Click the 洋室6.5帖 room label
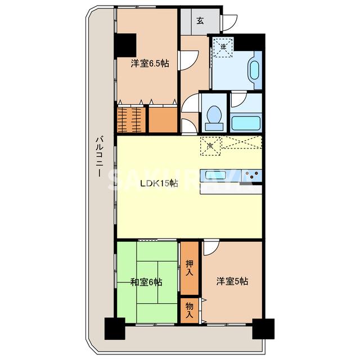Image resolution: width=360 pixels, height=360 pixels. point(150,64)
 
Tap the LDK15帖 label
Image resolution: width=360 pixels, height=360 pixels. point(159,183)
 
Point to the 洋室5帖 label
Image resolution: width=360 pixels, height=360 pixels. point(232,282)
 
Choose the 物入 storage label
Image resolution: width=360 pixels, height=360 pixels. point(190,310)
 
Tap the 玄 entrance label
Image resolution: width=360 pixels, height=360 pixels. point(200,21)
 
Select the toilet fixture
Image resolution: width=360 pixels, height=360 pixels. point(214,116)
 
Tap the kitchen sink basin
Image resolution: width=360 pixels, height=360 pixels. point(217,173)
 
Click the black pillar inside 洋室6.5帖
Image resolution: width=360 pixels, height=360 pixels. point(127,44)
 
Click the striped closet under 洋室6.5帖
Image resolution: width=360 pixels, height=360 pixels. point(131,118)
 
